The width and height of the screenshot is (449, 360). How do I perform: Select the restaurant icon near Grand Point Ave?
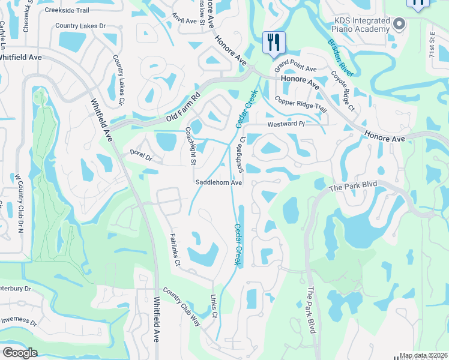coord(274,43)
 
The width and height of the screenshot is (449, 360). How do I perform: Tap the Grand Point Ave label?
coord(295,69)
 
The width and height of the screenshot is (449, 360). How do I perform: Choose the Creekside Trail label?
coord(65,10)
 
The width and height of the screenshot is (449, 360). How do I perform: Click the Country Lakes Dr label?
coord(80,26)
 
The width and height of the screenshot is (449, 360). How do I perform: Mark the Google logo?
coord(20,353)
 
